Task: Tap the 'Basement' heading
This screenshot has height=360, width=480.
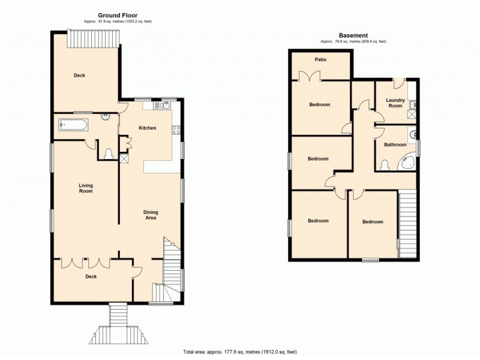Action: [353, 35]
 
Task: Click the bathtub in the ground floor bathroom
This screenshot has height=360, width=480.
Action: [74, 125]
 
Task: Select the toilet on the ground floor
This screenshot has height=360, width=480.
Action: [109, 154]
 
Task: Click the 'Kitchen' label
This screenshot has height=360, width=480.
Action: [148, 128]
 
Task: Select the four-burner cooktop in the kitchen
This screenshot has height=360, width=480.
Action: [177, 129]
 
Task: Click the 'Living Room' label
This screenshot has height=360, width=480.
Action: [86, 188]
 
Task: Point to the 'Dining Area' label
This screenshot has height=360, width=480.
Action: [150, 214]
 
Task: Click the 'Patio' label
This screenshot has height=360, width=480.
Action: [320, 59]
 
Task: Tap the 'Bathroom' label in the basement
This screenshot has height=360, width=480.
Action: [395, 145]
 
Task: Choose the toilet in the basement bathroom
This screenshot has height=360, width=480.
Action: [385, 164]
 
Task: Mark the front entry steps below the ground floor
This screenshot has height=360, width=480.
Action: [119, 324]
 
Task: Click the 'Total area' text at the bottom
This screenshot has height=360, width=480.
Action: [240, 352]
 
